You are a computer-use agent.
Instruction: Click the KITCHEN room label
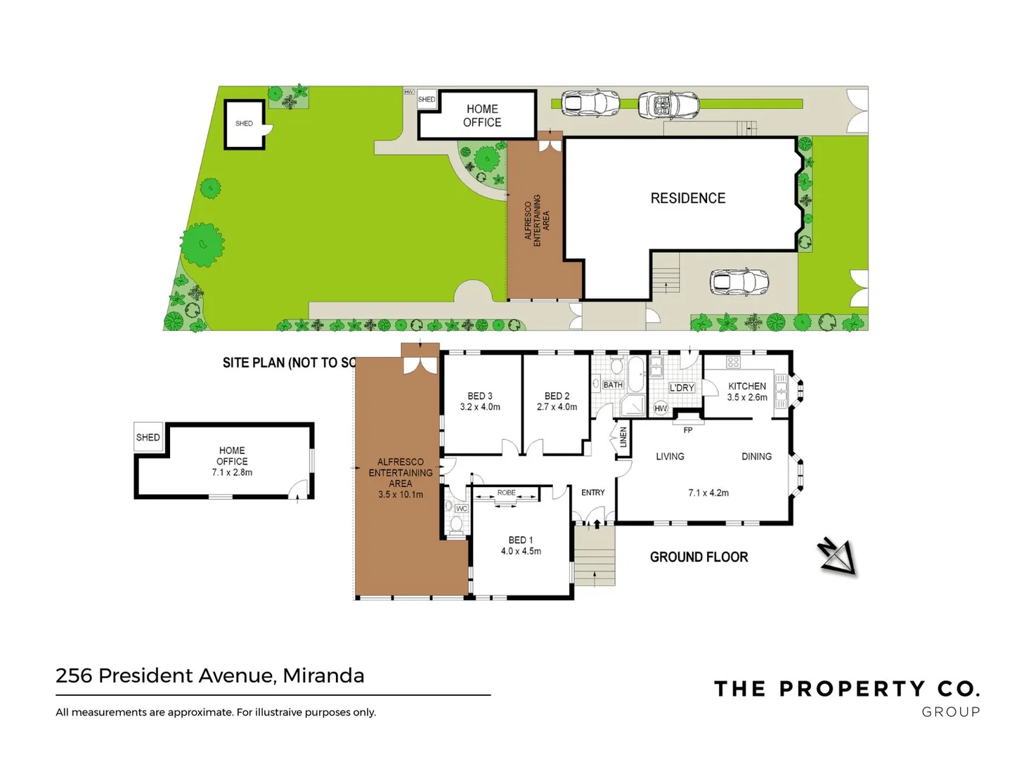click(746, 386)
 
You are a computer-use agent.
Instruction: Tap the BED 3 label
click(480, 396)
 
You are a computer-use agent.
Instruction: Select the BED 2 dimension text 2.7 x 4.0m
click(557, 407)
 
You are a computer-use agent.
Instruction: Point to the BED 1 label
click(521, 540)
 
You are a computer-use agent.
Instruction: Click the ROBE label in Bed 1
click(506, 493)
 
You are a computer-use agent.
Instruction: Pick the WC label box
click(461, 508)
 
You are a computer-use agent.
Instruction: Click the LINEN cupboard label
click(623, 438)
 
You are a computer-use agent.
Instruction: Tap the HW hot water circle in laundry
click(661, 408)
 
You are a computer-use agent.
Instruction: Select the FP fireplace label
click(688, 430)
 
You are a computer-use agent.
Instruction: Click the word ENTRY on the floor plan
click(592, 493)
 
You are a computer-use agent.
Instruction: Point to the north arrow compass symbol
click(838, 556)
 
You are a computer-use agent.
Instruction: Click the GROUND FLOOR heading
click(699, 557)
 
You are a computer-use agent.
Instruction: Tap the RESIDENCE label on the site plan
click(687, 198)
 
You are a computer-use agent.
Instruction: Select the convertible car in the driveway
click(669, 105)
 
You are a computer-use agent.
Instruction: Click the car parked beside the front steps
click(739, 283)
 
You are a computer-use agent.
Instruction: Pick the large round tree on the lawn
click(202, 244)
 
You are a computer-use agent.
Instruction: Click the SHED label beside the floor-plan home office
click(148, 437)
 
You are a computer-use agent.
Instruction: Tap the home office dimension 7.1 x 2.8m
click(232, 472)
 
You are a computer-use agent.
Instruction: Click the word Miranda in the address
click(323, 675)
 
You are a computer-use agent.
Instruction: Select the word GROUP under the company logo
click(950, 712)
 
